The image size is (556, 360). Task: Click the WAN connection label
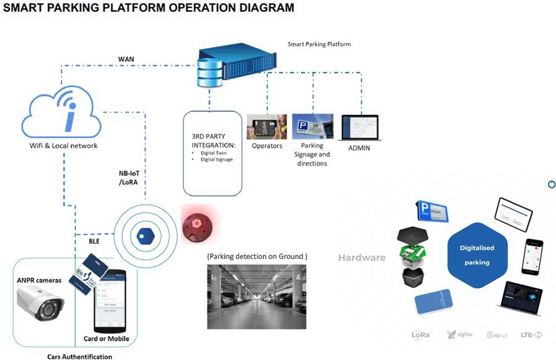pos(126,59)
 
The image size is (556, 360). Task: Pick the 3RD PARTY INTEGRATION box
pos(211,153)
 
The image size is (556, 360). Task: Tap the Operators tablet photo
pos(266,126)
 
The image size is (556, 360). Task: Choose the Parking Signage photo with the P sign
pos(313,127)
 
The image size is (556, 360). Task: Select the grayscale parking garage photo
pos(256,297)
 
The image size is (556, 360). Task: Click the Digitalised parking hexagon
pos(477,255)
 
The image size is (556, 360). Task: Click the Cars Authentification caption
pos(80,356)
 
